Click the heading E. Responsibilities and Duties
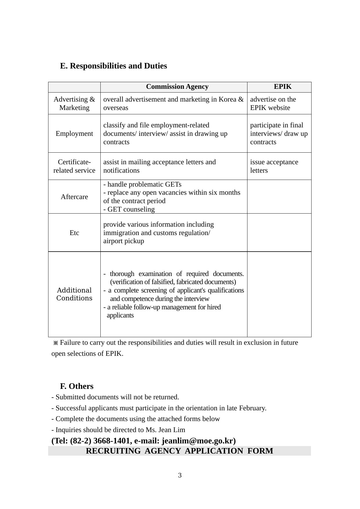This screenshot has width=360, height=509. [113, 66]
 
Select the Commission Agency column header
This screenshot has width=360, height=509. [177, 87]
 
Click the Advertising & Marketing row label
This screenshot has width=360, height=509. [74, 103]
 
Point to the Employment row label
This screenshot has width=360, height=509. [74, 133]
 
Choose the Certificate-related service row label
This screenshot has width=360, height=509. [74, 166]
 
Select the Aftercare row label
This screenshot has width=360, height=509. [74, 197]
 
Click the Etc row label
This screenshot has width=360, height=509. [74, 233]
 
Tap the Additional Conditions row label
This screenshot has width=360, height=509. [74, 294]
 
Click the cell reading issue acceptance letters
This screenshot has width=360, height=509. [274, 166]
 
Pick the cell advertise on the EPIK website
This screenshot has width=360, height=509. [273, 103]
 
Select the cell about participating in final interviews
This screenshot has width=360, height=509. [278, 133]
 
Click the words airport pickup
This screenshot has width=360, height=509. [124, 241]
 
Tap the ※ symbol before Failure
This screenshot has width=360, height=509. [56, 343]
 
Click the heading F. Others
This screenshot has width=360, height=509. [77, 386]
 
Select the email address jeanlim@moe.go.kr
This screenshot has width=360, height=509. [198, 441]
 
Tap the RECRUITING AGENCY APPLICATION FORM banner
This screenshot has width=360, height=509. [180, 451]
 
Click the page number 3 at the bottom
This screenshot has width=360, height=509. [180, 475]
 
